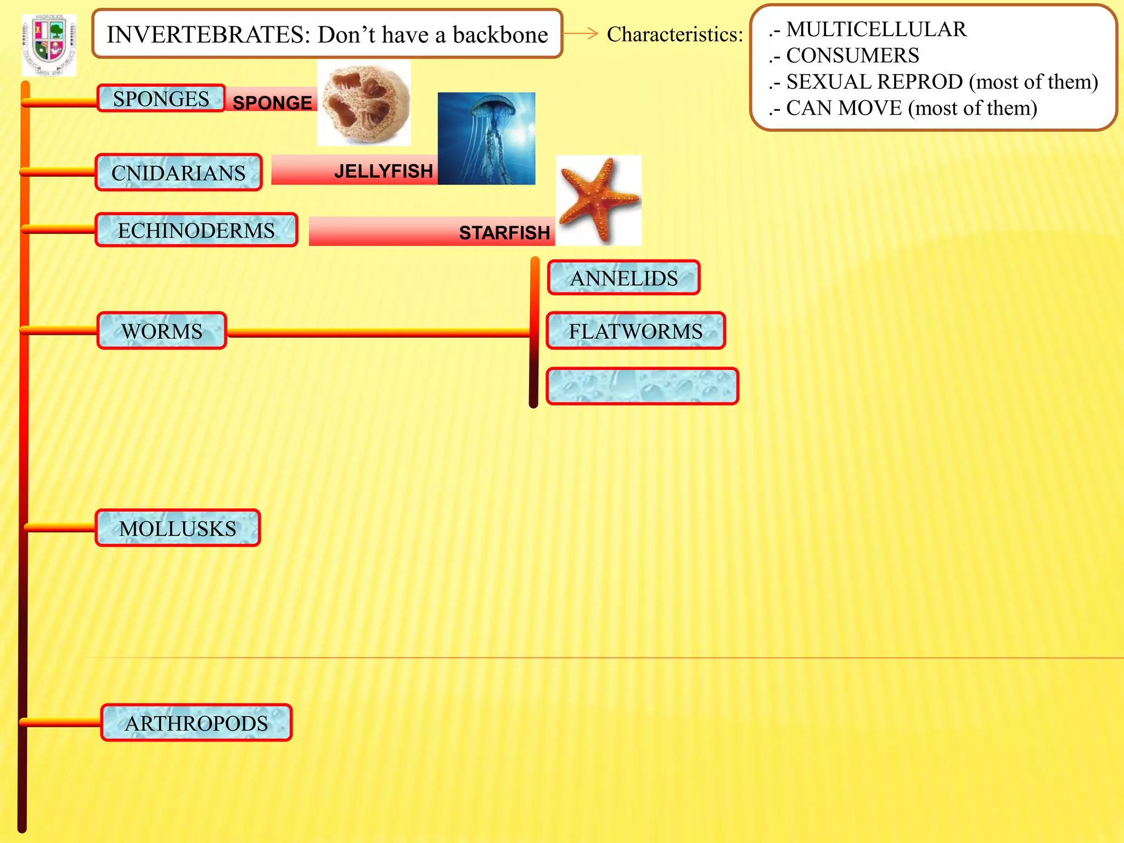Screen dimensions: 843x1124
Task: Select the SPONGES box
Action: [x=161, y=99]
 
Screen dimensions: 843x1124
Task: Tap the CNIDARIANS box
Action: [x=178, y=173]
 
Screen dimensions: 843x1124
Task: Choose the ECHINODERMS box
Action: [x=196, y=231]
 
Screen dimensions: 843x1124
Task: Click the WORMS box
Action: [x=162, y=331]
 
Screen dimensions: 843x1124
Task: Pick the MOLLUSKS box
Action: [x=177, y=528]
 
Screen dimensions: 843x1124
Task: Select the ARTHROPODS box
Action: [x=196, y=723]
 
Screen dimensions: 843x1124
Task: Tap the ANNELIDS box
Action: [x=623, y=278]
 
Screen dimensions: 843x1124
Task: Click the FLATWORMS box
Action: [x=636, y=331]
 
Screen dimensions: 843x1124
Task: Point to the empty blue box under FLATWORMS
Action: [x=642, y=386]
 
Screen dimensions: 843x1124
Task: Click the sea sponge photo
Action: [x=364, y=103]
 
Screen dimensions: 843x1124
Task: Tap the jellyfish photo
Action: [x=486, y=138]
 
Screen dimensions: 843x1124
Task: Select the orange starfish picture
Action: [x=598, y=200]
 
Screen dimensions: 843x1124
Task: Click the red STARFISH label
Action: [x=504, y=233]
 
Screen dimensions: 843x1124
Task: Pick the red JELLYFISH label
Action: [x=383, y=171]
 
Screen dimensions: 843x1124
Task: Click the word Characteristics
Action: [x=675, y=35]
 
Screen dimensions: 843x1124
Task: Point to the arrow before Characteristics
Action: [x=581, y=33]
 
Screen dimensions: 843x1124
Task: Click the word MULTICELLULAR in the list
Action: [x=876, y=29]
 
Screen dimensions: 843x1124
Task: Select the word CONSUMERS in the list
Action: [x=852, y=55]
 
